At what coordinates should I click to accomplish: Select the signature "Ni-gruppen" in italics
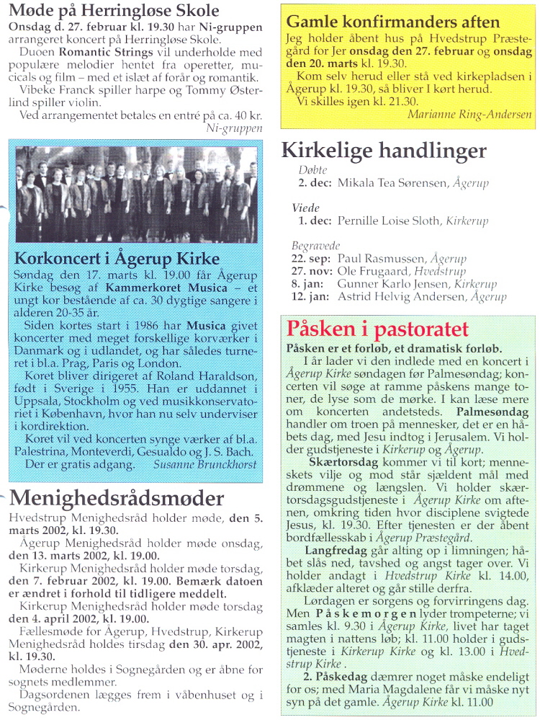click(234, 128)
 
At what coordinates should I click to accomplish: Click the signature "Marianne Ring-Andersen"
click(469, 114)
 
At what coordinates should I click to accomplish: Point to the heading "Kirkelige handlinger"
click(383, 151)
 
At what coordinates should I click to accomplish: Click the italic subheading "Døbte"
click(312, 170)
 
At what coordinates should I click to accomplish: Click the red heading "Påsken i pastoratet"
click(377, 329)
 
